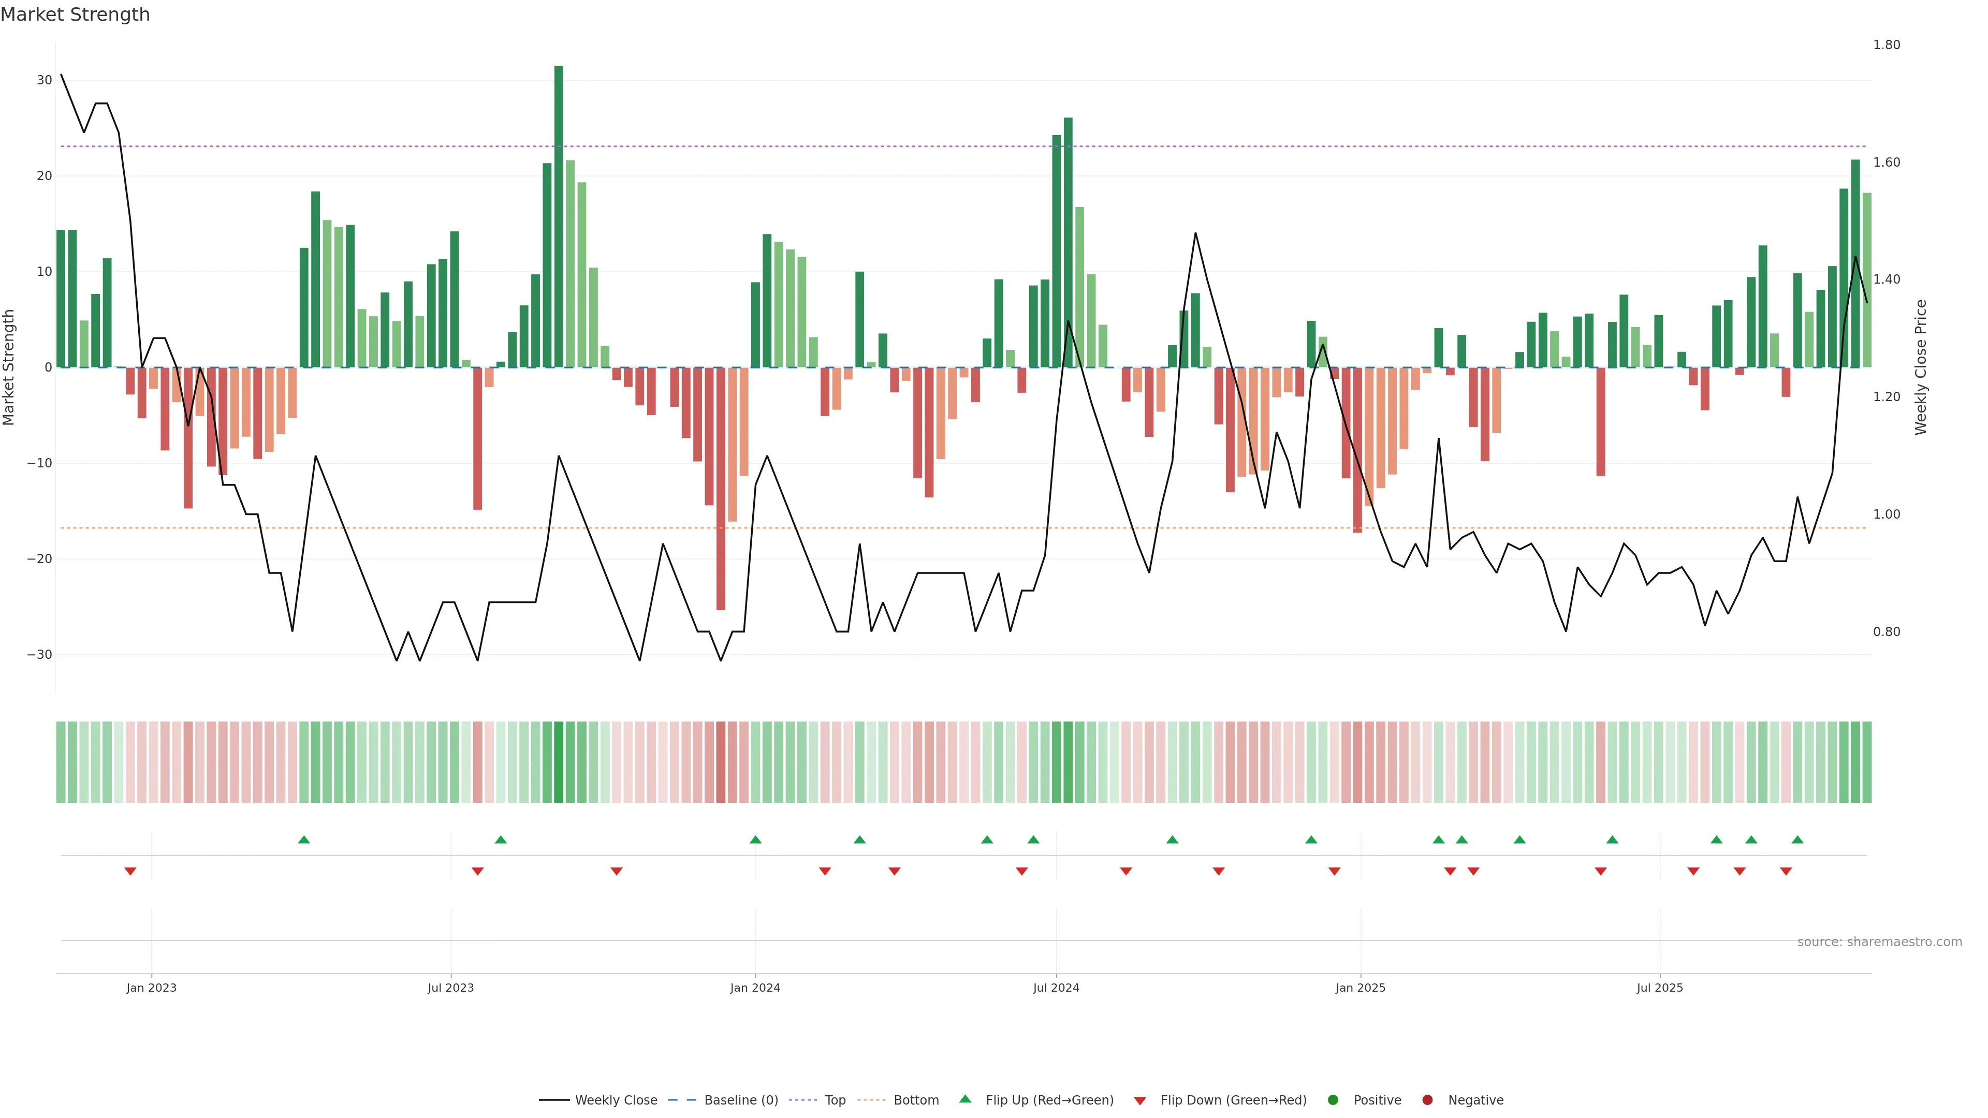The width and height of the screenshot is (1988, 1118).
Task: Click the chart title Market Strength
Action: click(75, 14)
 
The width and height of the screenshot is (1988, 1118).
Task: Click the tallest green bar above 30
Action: click(559, 216)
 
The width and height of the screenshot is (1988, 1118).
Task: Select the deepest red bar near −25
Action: click(721, 489)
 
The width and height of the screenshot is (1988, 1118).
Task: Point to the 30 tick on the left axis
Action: click(44, 80)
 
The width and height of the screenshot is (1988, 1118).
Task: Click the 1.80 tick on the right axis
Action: click(1886, 45)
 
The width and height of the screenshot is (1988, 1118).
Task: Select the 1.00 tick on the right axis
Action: click(1886, 514)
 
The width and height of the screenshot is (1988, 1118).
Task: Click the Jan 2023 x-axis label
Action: click(151, 988)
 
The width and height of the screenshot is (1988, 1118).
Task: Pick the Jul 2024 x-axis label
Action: click(1056, 988)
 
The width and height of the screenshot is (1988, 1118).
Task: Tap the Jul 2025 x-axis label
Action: click(1659, 988)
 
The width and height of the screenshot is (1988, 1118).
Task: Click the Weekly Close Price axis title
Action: click(1921, 367)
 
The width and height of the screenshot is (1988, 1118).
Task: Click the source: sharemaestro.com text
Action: click(1879, 942)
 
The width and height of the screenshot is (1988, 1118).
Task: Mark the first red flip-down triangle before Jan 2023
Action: click(130, 871)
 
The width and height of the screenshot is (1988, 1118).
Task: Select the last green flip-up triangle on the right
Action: click(1797, 840)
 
